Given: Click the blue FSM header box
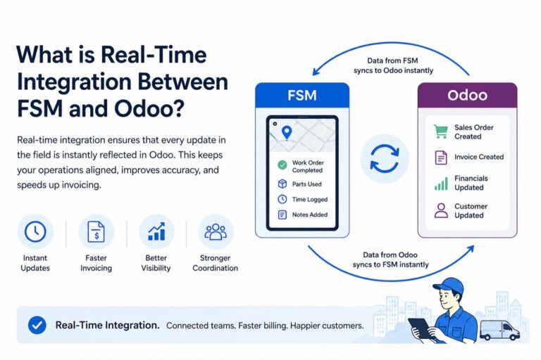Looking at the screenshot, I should pos(302,95).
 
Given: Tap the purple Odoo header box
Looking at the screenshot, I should pos(467,95).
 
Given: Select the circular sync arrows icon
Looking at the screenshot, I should pos(384,158).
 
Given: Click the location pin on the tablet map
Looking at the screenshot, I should pos(286,131).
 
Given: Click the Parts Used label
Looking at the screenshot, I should pos(308,184).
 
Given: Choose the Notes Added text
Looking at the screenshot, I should pos(310,214).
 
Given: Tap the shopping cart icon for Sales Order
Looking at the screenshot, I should pos(441,131).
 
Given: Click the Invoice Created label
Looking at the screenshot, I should pos(479,157).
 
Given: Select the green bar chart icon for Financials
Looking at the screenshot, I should pos(441,184).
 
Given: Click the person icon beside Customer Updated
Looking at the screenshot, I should pos(441,211).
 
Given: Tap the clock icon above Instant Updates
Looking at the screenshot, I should pos(35,231).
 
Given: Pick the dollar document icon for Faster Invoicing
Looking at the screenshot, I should pos(95,231).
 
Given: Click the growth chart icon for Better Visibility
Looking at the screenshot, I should pos(156,231).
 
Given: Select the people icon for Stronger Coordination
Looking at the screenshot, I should pos(215,231).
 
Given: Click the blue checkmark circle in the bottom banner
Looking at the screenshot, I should pos(37,326).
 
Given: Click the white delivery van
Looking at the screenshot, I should pos(499,329).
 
